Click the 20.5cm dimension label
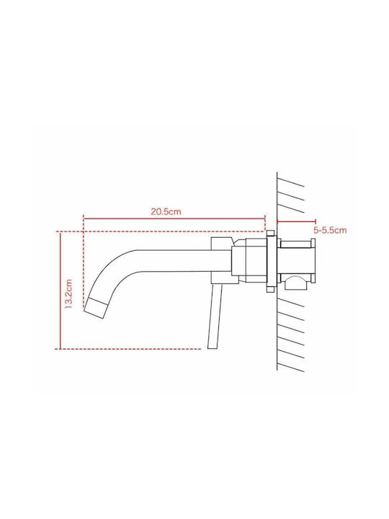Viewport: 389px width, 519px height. (166, 211)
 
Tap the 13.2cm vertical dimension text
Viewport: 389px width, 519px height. (68, 294)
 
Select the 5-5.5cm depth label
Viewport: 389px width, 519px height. (330, 230)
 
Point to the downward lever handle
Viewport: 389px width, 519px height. (215, 316)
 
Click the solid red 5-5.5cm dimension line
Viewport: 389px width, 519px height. (296, 222)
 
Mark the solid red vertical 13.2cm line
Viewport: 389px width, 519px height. (61, 290)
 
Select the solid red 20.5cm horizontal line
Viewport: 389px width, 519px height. (174, 218)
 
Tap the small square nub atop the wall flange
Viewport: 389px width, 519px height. (271, 234)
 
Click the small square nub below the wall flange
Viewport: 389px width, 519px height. (271, 289)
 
